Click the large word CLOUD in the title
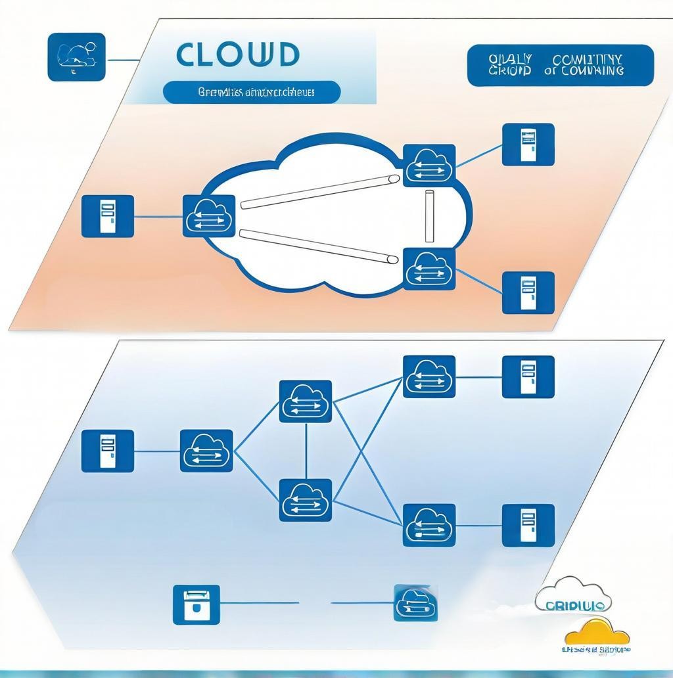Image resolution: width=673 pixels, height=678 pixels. pos(237,55)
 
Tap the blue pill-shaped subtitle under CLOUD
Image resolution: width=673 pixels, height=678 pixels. pos(251,92)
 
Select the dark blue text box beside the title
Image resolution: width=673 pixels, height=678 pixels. pos(560,66)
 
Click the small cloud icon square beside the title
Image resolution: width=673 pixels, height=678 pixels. pos(76,57)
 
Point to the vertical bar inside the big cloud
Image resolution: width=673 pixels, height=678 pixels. pos(430,217)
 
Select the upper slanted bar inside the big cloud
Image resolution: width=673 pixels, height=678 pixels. pos(320,192)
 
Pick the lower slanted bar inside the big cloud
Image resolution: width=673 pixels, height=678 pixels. pos(319,246)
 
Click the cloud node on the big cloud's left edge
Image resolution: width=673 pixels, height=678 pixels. pos(208,215)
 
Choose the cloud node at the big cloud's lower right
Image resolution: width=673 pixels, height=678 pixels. pos(429,269)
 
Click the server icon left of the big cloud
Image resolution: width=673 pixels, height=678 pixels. pos(107,215)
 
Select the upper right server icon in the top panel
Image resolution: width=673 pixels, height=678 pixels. pos(528,144)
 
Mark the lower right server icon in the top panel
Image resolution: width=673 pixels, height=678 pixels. pos(528,292)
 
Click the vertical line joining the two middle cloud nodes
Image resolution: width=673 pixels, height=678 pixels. pos(306,451)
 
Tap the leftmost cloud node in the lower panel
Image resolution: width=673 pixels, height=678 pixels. pos(206,451)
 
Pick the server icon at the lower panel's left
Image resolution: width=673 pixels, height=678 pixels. pos(107,451)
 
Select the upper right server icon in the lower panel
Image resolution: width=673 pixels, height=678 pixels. pos(528,376)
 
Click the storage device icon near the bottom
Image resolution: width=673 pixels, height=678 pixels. pos(196,604)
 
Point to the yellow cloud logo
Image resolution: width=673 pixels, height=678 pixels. pos(597,631)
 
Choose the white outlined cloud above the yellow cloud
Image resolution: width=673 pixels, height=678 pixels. pos(573,593)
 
